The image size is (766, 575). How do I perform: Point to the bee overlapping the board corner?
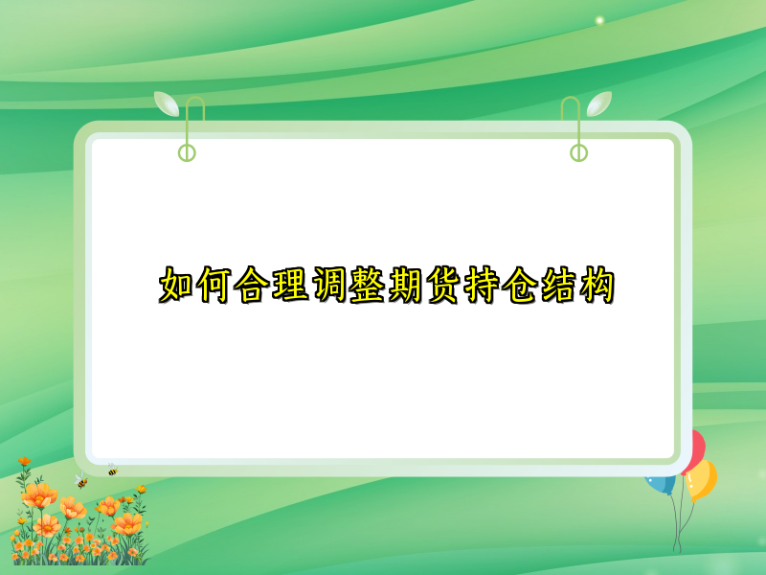coord(112,470)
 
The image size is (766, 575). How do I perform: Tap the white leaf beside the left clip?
coord(167,103)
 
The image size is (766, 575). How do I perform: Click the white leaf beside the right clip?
coord(599,103)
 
